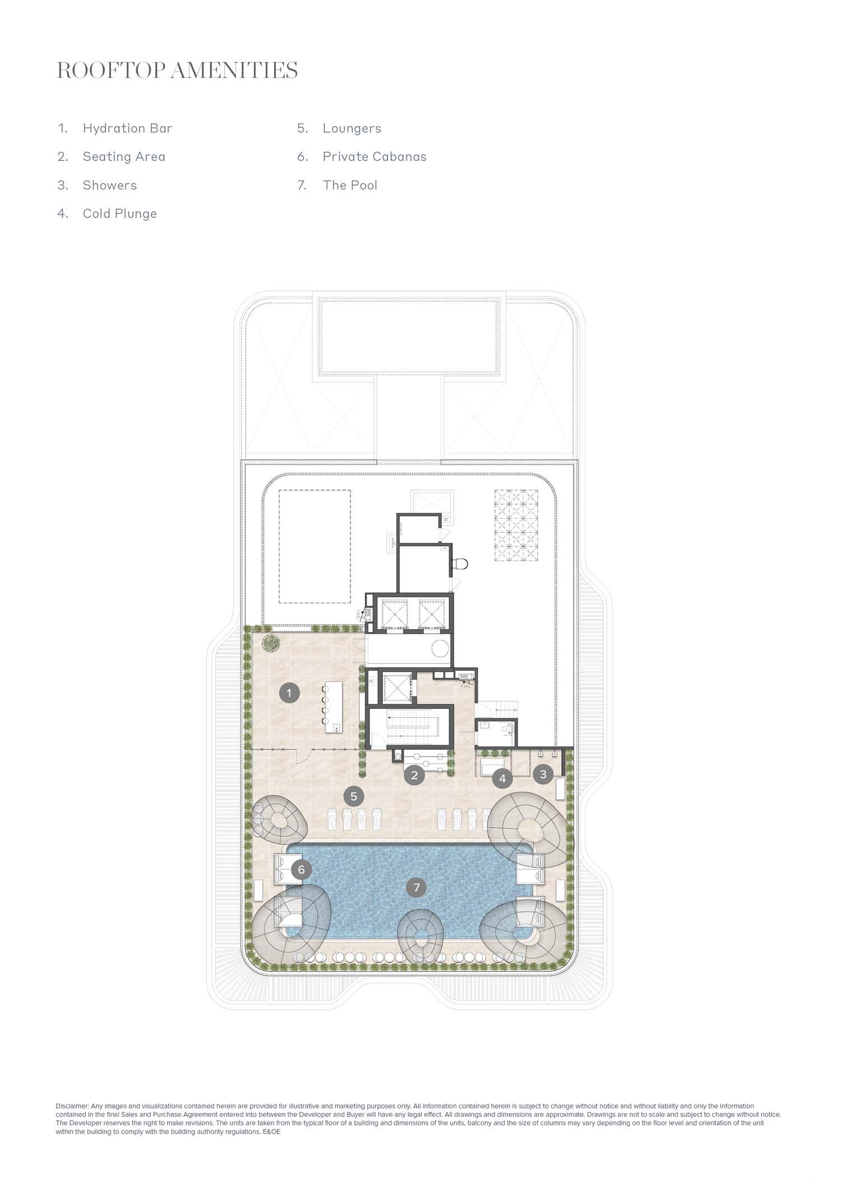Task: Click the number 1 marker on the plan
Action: tap(289, 693)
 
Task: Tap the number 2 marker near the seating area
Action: tap(414, 776)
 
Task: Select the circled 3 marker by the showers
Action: tap(543, 774)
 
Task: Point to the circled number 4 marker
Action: tap(502, 778)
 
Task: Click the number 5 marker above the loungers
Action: tap(354, 796)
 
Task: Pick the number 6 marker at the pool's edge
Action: tap(302, 870)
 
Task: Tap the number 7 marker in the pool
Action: tap(416, 887)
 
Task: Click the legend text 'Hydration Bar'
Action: tap(127, 128)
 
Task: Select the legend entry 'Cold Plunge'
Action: tap(119, 214)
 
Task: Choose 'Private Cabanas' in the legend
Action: tap(375, 156)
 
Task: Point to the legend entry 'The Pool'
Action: tap(350, 185)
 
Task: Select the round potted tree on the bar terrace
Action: tap(272, 643)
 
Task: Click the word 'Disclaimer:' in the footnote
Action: tap(72, 1106)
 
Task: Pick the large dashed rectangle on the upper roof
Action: tap(315, 546)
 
